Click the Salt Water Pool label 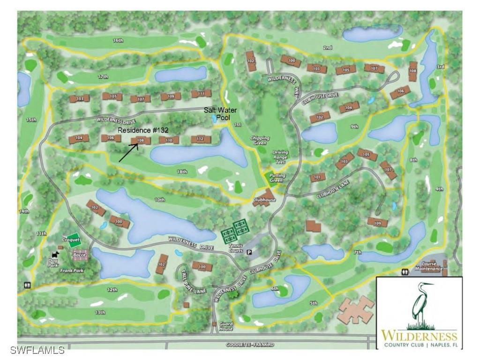pyautogui.click(x=220, y=113)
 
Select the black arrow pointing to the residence pyautogui.click(x=128, y=153)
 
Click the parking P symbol pyautogui.click(x=249, y=252)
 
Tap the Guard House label pyautogui.click(x=226, y=326)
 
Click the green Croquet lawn pyautogui.click(x=73, y=239)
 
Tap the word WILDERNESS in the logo pyautogui.click(x=419, y=336)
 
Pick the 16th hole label pyautogui.click(x=118, y=41)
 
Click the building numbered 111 pyautogui.click(x=201, y=94)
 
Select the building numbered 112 pyautogui.click(x=200, y=139)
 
